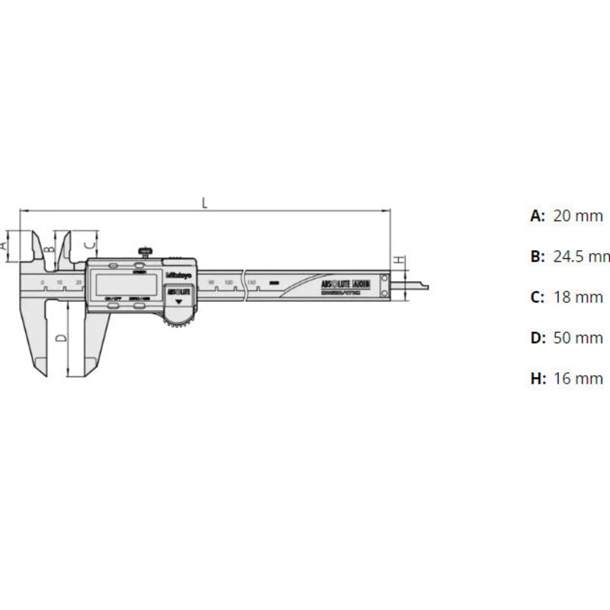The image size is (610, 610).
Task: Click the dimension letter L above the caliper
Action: tap(204, 202)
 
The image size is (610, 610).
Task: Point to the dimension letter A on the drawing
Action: tap(4, 246)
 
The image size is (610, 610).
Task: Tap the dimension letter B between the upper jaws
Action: tap(48, 249)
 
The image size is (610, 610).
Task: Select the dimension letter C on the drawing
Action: tap(88, 245)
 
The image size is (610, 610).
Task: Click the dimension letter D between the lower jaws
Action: tap(59, 336)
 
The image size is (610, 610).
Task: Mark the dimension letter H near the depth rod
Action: tap(399, 260)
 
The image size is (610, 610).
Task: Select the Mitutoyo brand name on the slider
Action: tap(179, 276)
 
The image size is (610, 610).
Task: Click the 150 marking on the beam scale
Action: tap(251, 283)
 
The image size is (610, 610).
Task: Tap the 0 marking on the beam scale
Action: tap(43, 283)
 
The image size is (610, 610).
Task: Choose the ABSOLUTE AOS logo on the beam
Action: tap(345, 284)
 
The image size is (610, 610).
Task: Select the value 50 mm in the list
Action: tap(577, 338)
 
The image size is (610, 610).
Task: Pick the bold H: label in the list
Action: tap(539, 378)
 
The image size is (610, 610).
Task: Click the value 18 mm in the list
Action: tap(577, 297)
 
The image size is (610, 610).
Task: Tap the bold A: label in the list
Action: tap(538, 216)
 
